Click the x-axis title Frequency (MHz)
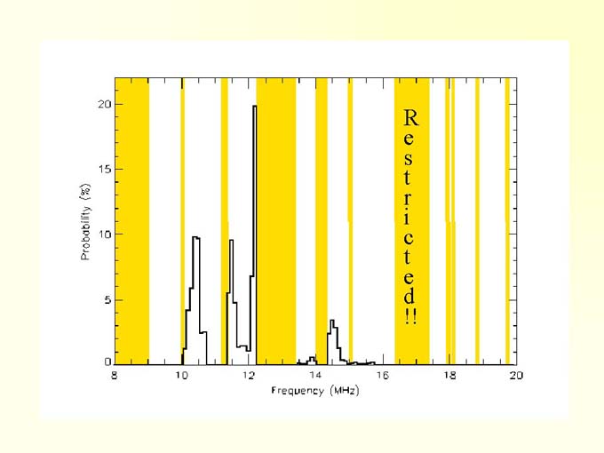[x=315, y=391]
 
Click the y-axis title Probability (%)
[x=86, y=222]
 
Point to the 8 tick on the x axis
[x=115, y=377]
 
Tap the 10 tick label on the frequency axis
[x=181, y=377]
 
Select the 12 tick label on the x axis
[x=249, y=377]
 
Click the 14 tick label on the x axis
[x=315, y=377]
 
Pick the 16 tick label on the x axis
[x=382, y=377]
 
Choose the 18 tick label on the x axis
[x=449, y=377]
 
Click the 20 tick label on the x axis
[x=516, y=377]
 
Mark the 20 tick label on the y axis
[x=104, y=104]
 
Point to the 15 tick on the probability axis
[x=104, y=169]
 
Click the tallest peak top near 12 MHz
[x=254, y=107]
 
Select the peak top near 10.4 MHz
[x=195, y=237]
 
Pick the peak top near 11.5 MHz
[x=231, y=241]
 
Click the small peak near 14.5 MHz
[x=331, y=321]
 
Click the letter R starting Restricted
[x=409, y=117]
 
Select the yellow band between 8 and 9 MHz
[x=132, y=222]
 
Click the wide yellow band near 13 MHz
[x=275, y=222]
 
